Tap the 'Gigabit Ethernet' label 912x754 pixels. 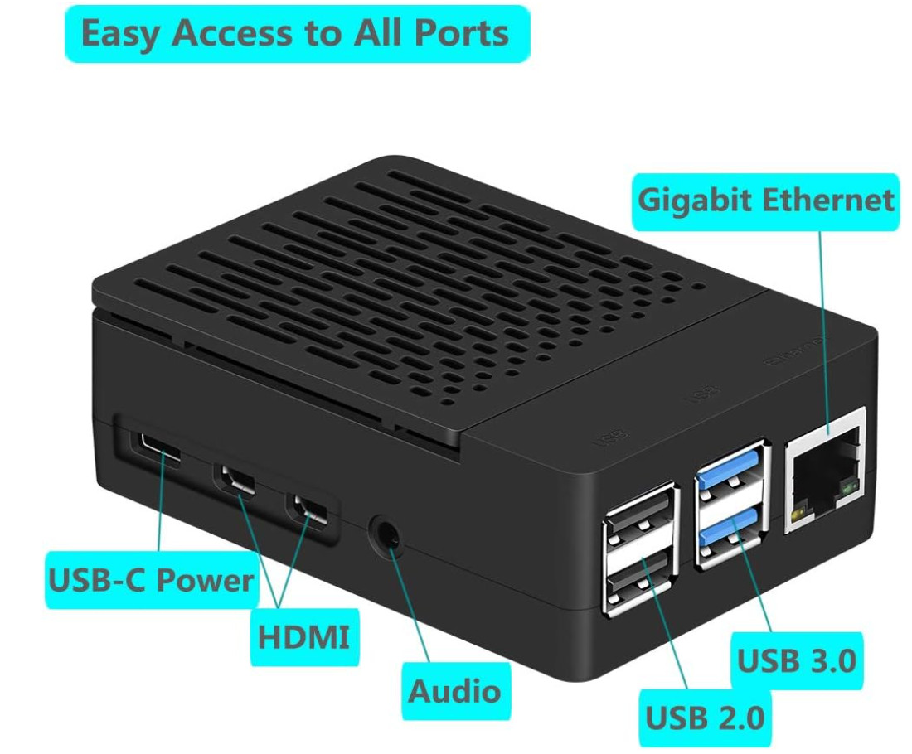(x=765, y=201)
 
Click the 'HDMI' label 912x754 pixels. (x=303, y=638)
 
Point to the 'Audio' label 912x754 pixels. (x=454, y=690)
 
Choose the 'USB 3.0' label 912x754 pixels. (x=796, y=660)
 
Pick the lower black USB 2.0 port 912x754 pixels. (x=639, y=584)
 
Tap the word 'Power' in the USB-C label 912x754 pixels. (x=206, y=580)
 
